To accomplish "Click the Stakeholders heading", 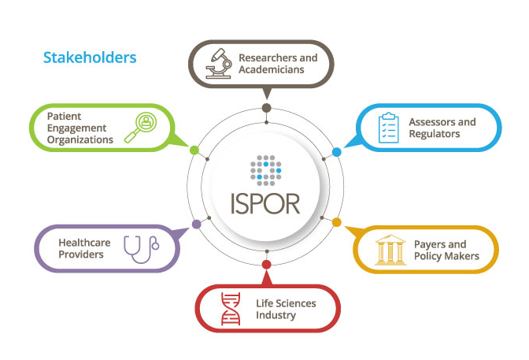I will (90, 58).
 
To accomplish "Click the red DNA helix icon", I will (231, 309).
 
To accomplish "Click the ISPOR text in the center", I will (266, 202).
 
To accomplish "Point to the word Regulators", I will (435, 134).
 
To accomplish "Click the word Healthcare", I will (84, 243).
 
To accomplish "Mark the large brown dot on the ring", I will (266, 108).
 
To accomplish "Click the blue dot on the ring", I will (336, 151).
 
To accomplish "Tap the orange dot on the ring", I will (337, 222).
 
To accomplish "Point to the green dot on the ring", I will (194, 149).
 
